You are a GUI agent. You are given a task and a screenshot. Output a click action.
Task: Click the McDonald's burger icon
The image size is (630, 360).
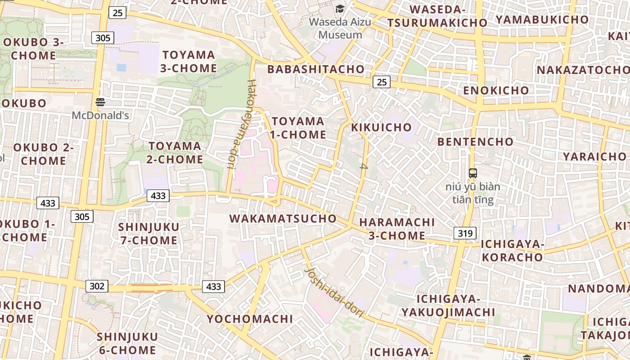point(100,102)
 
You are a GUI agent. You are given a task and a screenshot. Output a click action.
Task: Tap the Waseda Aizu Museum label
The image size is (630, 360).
point(340,28)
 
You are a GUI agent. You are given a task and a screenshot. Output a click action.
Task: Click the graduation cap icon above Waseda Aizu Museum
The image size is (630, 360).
point(340,9)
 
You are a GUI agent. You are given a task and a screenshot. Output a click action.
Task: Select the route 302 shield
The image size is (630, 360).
point(97,286)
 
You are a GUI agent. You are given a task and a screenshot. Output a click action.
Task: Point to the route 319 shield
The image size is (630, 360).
point(465,233)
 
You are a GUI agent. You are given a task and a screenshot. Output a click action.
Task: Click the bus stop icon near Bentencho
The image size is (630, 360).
point(472,173)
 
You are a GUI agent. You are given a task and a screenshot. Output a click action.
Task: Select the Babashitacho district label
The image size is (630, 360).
point(315,69)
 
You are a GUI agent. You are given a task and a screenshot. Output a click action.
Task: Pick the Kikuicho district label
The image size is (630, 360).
point(381,127)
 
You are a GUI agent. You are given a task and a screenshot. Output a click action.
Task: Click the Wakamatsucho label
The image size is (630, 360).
point(283,219)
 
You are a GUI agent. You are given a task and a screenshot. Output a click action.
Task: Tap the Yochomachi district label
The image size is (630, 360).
point(250,319)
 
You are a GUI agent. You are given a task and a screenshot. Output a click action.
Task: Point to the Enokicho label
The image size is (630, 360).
point(496,90)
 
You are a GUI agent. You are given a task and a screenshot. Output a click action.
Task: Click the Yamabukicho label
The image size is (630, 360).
point(542,19)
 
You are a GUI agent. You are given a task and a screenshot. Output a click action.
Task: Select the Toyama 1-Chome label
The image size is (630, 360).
point(298,128)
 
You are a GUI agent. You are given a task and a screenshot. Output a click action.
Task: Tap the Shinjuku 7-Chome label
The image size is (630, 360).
point(149,234)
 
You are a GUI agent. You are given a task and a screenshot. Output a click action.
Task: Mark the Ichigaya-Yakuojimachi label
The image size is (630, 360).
point(448,306)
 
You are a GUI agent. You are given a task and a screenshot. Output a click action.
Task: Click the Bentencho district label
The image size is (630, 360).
point(475,142)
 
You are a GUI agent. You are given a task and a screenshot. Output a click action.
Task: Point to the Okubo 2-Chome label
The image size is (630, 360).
point(43,154)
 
